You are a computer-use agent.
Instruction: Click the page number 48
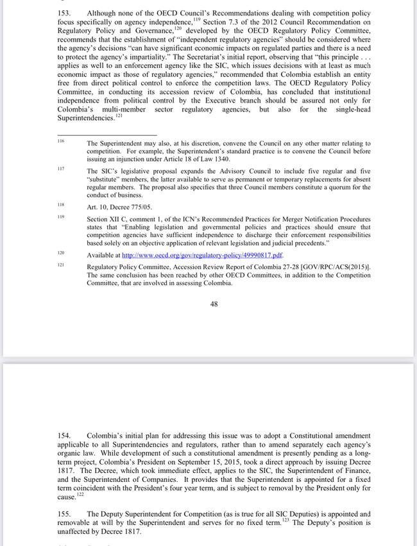click(214, 304)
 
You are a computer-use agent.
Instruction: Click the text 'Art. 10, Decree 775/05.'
click(121, 206)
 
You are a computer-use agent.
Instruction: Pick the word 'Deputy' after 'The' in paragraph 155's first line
click(115, 514)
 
